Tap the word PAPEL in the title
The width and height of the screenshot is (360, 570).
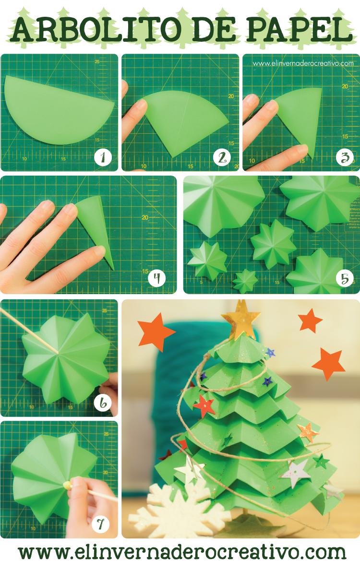(x=298, y=30)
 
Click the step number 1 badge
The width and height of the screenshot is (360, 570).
(x=103, y=156)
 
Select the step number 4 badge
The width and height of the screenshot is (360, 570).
(x=156, y=278)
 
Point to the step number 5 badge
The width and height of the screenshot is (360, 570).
(x=345, y=278)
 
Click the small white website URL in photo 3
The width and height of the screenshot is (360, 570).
(x=303, y=63)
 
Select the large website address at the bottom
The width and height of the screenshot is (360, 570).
(x=182, y=552)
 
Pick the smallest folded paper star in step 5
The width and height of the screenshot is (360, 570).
(x=245, y=281)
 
